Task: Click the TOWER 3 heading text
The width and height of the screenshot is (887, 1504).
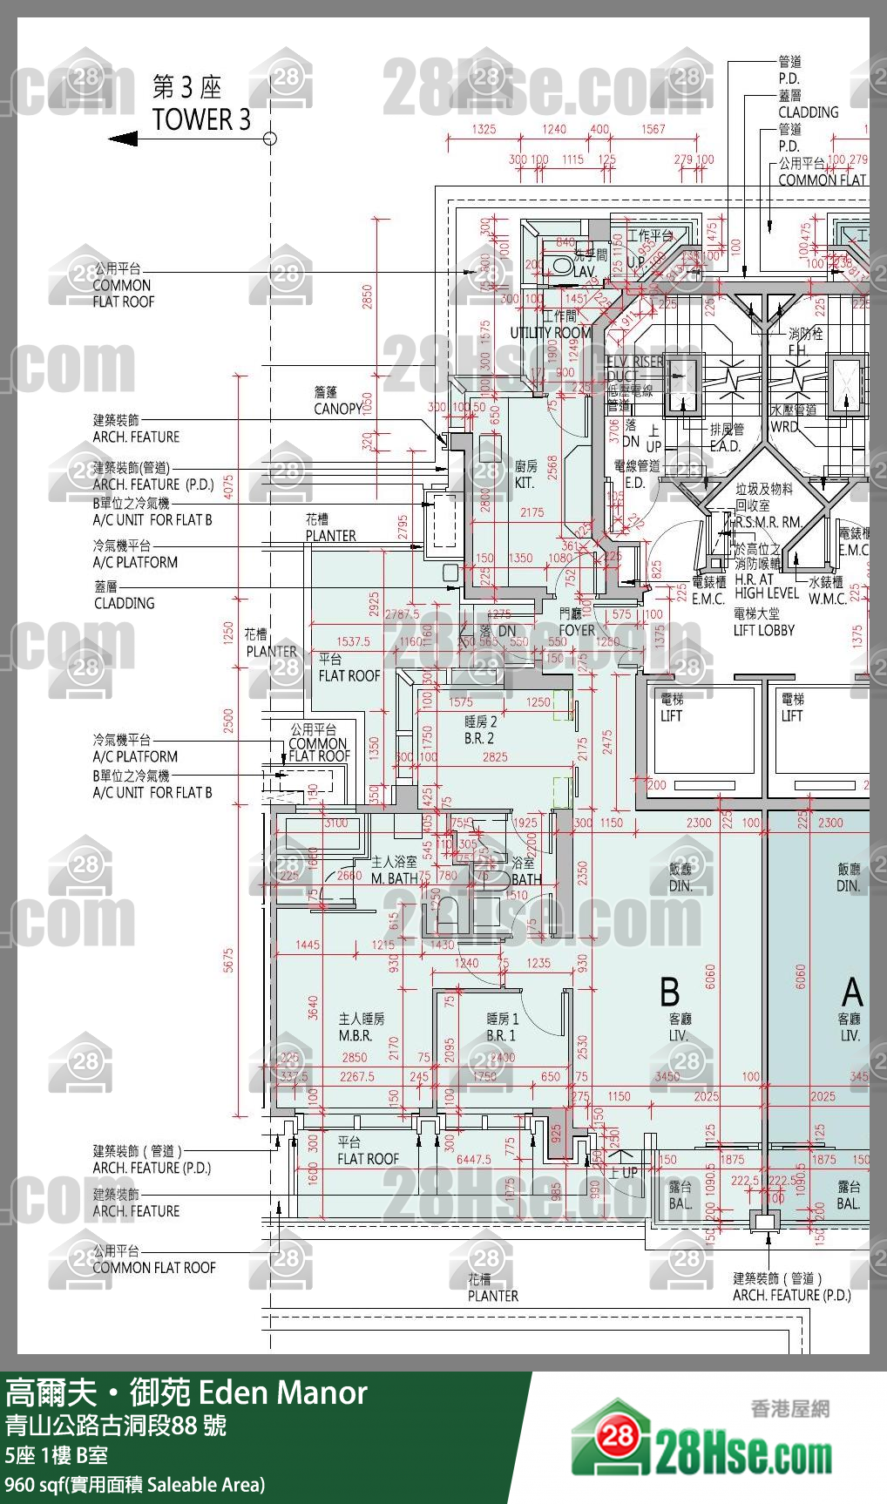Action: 201,119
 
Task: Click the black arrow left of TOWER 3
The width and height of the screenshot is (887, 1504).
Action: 124,139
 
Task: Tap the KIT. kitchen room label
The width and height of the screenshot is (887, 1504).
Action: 524,483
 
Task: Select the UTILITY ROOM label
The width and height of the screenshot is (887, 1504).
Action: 550,333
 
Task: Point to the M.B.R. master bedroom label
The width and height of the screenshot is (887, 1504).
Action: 355,1036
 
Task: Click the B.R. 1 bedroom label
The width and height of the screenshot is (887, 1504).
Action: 501,1036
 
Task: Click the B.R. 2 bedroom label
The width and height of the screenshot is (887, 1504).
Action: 479,738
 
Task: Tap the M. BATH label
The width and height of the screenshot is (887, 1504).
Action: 394,878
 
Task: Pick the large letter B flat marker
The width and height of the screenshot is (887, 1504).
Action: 669,993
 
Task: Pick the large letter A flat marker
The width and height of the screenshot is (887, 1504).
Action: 852,993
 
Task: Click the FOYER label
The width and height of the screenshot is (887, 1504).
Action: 577,630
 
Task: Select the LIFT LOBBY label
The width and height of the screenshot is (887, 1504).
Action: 763,630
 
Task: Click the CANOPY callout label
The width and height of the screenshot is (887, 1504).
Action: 338,409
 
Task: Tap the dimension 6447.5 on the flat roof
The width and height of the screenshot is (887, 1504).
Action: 474,1160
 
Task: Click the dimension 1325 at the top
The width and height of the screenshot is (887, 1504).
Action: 484,129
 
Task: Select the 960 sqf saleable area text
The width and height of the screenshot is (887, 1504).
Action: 134,1485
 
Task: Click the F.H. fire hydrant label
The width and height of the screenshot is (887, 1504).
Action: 796,350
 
